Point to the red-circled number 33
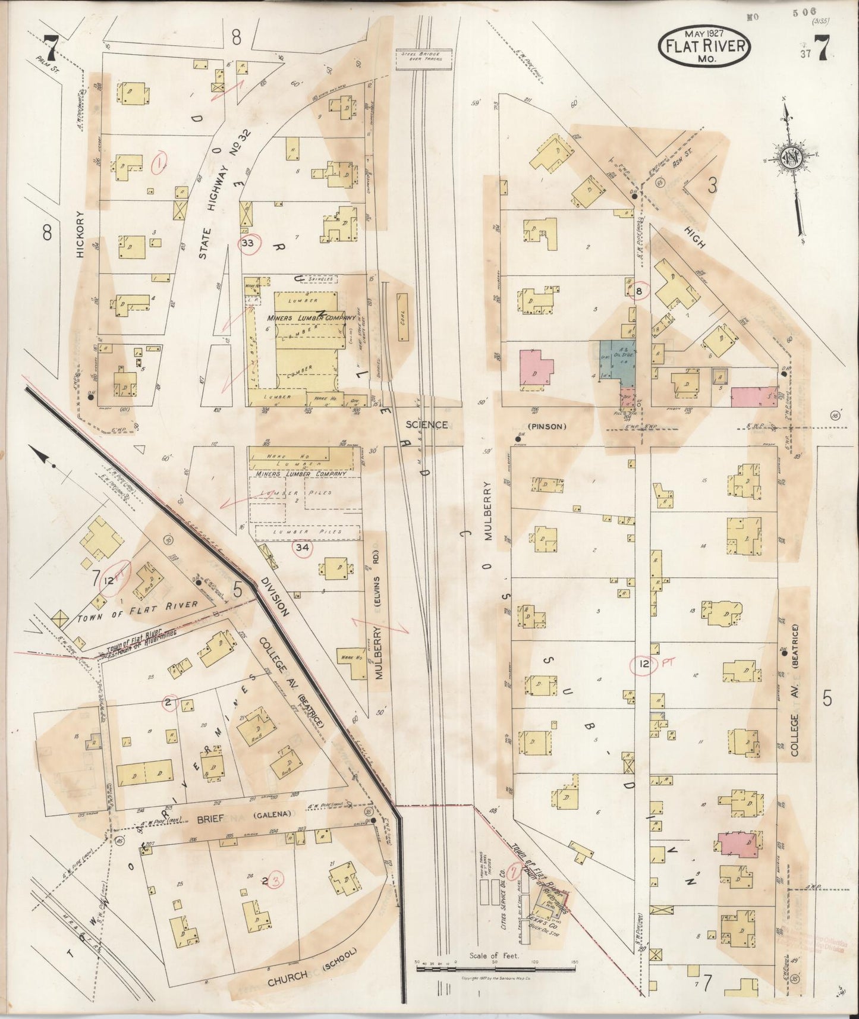click(x=249, y=243)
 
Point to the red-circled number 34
click(x=303, y=548)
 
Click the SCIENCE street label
click(x=427, y=424)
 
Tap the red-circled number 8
click(x=640, y=291)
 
